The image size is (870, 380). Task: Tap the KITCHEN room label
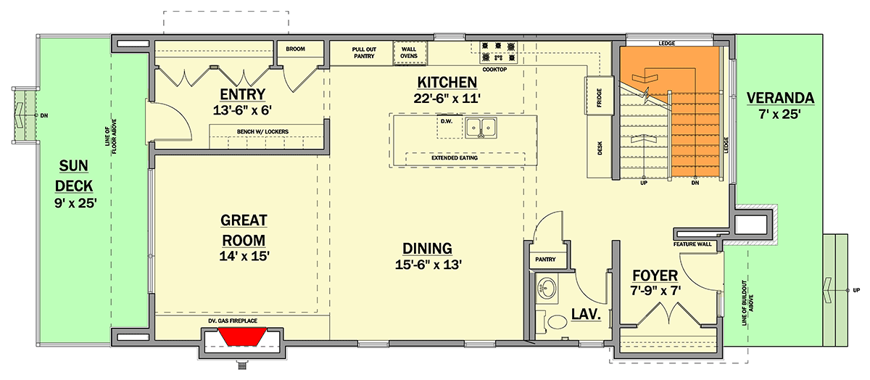447,83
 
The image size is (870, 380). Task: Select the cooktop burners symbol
499,52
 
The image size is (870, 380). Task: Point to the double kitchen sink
481,128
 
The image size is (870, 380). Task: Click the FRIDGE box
599,96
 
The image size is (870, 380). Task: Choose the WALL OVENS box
410,53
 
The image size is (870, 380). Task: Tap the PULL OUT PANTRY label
364,53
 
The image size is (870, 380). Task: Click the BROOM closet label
295,49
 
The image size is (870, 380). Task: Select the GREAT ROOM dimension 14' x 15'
244,256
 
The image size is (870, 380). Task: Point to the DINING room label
427,249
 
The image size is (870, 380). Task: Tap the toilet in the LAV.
552,323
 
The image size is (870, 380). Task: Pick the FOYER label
655,276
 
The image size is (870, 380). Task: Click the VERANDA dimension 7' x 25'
779,115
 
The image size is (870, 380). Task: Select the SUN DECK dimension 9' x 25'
75,203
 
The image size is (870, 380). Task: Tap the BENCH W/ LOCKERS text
262,132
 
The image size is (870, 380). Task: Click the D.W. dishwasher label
447,121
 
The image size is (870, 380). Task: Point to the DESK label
600,148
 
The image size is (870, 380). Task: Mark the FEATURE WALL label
692,244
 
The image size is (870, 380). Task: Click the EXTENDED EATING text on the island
455,158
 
